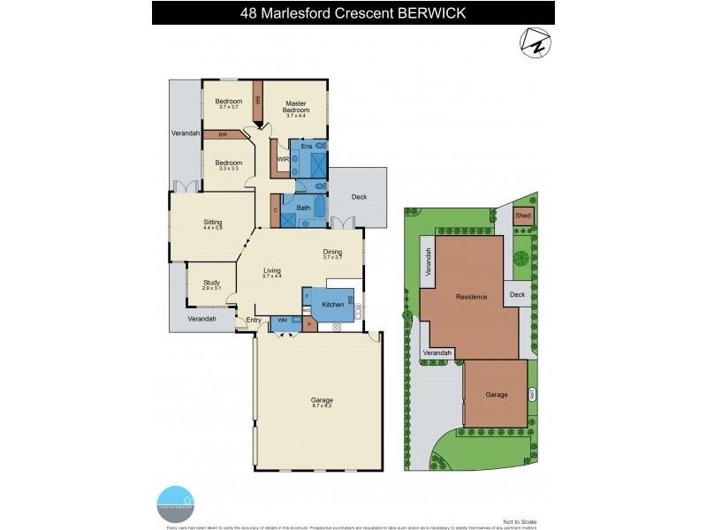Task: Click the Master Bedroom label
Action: (294, 107)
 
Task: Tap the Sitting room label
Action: (213, 223)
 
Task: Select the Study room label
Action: (211, 283)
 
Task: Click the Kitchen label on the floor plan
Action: (332, 305)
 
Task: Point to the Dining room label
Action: (332, 252)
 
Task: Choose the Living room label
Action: (272, 272)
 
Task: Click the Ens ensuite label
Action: (307, 146)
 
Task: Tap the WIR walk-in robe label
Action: (283, 159)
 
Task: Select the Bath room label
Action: (303, 208)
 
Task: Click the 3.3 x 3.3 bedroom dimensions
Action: (228, 169)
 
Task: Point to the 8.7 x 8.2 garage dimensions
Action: (321, 405)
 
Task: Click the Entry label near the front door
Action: (254, 320)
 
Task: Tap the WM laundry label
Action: (282, 320)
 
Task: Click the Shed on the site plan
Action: (523, 215)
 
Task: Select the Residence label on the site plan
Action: (471, 297)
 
